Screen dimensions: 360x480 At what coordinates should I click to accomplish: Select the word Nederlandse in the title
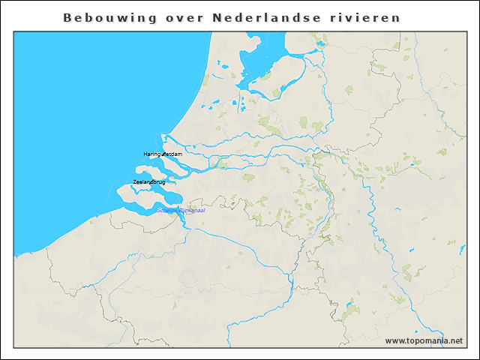(x=253, y=16)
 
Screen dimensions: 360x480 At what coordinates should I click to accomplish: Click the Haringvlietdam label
(x=163, y=154)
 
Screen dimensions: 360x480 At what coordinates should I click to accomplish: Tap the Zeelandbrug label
(x=148, y=182)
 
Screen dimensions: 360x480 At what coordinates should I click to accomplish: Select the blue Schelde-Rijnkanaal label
(x=181, y=211)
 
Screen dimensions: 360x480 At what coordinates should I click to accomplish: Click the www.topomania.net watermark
(x=424, y=341)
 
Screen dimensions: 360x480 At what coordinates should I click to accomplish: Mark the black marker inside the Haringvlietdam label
(x=164, y=154)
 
